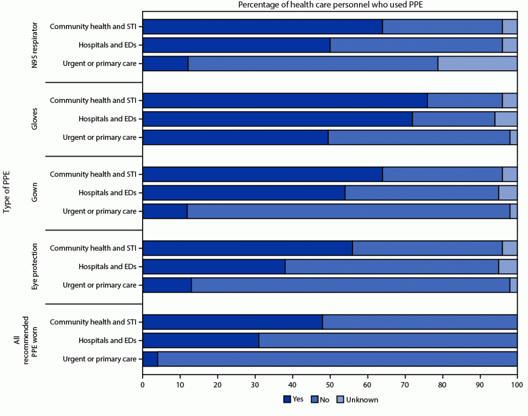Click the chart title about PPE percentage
tap(330, 5)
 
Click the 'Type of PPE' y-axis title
tap(7, 193)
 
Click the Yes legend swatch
tap(287, 400)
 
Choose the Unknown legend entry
tap(359, 400)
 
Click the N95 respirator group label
tap(35, 45)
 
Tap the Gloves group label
tap(35, 119)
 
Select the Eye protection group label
tap(35, 267)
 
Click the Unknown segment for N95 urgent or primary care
tap(477, 64)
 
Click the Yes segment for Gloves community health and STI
tap(285, 101)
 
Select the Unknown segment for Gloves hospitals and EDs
tap(506, 119)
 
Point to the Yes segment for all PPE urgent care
tap(150, 359)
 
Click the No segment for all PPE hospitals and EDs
tap(388, 341)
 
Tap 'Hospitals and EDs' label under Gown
tap(107, 193)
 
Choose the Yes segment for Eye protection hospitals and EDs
tap(214, 267)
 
